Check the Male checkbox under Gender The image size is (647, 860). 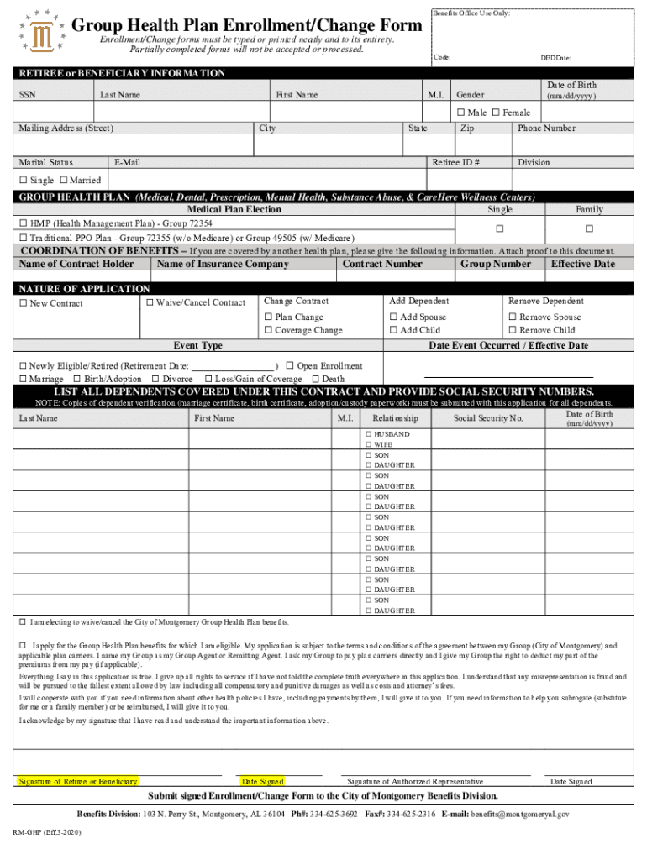[x=460, y=113]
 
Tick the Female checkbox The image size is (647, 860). [x=496, y=113]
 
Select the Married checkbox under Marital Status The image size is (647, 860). [x=63, y=180]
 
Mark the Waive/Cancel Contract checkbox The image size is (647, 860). [x=150, y=302]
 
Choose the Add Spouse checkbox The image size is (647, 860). [x=393, y=317]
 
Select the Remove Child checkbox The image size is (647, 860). [x=513, y=330]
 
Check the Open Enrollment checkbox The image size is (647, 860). [x=289, y=365]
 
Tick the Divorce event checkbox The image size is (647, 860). [x=155, y=379]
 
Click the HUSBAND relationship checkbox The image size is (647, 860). [x=368, y=434]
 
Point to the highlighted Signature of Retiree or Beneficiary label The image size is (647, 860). [x=78, y=782]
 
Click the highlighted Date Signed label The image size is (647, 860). [x=262, y=782]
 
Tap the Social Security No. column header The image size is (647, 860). [x=488, y=417]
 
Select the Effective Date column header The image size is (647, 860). [x=582, y=264]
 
